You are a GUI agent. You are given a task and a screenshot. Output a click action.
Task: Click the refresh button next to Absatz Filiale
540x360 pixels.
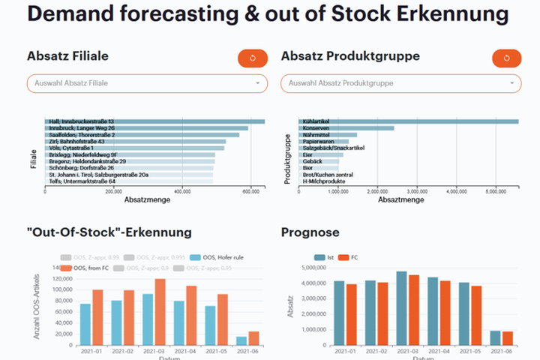tap(252, 58)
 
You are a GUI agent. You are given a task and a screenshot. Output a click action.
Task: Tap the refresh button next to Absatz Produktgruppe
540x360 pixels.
tap(506, 58)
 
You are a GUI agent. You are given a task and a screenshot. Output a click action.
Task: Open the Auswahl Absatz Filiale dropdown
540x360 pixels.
tap(147, 83)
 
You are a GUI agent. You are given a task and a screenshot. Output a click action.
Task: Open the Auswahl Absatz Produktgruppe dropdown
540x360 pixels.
tap(400, 83)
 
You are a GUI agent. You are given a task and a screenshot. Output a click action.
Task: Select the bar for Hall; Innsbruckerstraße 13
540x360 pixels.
tap(154, 121)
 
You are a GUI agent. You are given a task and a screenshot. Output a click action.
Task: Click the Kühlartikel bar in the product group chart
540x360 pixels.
tap(409, 121)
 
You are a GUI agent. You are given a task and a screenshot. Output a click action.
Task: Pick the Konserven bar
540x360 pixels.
tap(346, 128)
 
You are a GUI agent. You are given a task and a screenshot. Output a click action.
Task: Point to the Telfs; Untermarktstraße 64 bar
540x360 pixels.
tap(129, 181)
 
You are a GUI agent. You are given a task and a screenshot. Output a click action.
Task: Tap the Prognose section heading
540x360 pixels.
tap(310, 232)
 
